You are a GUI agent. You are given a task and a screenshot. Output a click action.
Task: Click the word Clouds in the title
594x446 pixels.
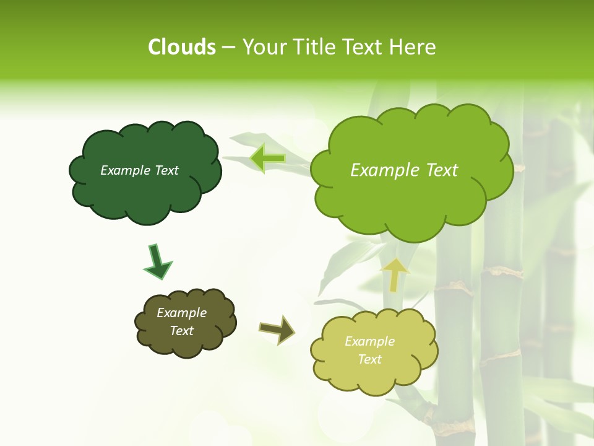(182, 47)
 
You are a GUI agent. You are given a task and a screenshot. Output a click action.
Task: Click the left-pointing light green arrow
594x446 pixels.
(268, 158)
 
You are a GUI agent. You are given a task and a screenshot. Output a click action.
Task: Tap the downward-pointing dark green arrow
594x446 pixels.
(156, 261)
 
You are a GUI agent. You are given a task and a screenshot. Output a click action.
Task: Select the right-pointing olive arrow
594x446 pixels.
(277, 329)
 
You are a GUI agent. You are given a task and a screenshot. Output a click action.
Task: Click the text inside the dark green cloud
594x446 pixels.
(139, 170)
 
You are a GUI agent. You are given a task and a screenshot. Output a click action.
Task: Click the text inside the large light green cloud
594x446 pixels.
(404, 170)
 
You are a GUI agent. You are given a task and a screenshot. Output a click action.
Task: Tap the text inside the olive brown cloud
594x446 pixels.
(182, 321)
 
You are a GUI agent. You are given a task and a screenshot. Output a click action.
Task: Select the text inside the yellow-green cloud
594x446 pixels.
(369, 350)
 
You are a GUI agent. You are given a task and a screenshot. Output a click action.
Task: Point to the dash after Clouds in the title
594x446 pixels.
(228, 48)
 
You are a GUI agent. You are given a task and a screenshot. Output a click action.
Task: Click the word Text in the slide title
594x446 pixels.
(363, 47)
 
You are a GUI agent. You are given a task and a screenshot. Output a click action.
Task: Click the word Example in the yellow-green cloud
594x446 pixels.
(369, 341)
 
